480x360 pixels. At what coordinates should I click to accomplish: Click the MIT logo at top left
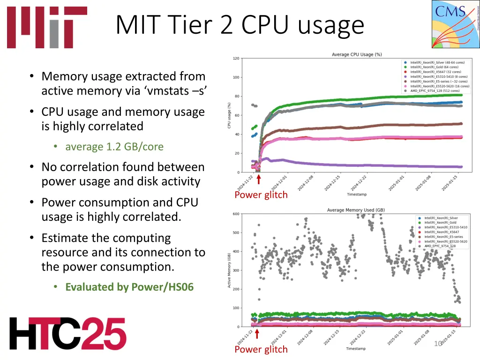tap(47, 27)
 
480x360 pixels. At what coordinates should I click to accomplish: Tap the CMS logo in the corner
tap(455, 24)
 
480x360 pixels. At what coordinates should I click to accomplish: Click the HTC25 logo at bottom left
tap(67, 333)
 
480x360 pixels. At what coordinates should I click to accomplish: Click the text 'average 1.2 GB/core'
tap(114, 147)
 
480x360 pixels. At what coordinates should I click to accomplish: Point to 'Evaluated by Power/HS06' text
tap(129, 287)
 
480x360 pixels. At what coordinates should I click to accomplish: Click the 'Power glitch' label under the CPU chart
tap(261, 195)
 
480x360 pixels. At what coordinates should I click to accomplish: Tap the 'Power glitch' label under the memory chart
tap(261, 349)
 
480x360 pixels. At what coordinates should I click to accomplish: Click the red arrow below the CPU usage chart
tap(258, 180)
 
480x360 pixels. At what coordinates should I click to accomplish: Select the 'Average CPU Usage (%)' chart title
tap(357, 54)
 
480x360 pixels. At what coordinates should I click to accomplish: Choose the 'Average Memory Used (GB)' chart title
tap(356, 210)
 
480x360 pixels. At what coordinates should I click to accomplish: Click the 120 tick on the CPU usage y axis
tap(236, 59)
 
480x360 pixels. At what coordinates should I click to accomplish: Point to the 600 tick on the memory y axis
tap(236, 214)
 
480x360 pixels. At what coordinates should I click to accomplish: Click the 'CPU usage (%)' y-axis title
tap(229, 116)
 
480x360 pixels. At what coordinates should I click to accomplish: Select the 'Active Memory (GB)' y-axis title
tap(229, 270)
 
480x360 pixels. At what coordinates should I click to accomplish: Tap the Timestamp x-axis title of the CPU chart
tap(357, 194)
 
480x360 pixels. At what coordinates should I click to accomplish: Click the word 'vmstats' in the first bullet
tap(166, 91)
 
